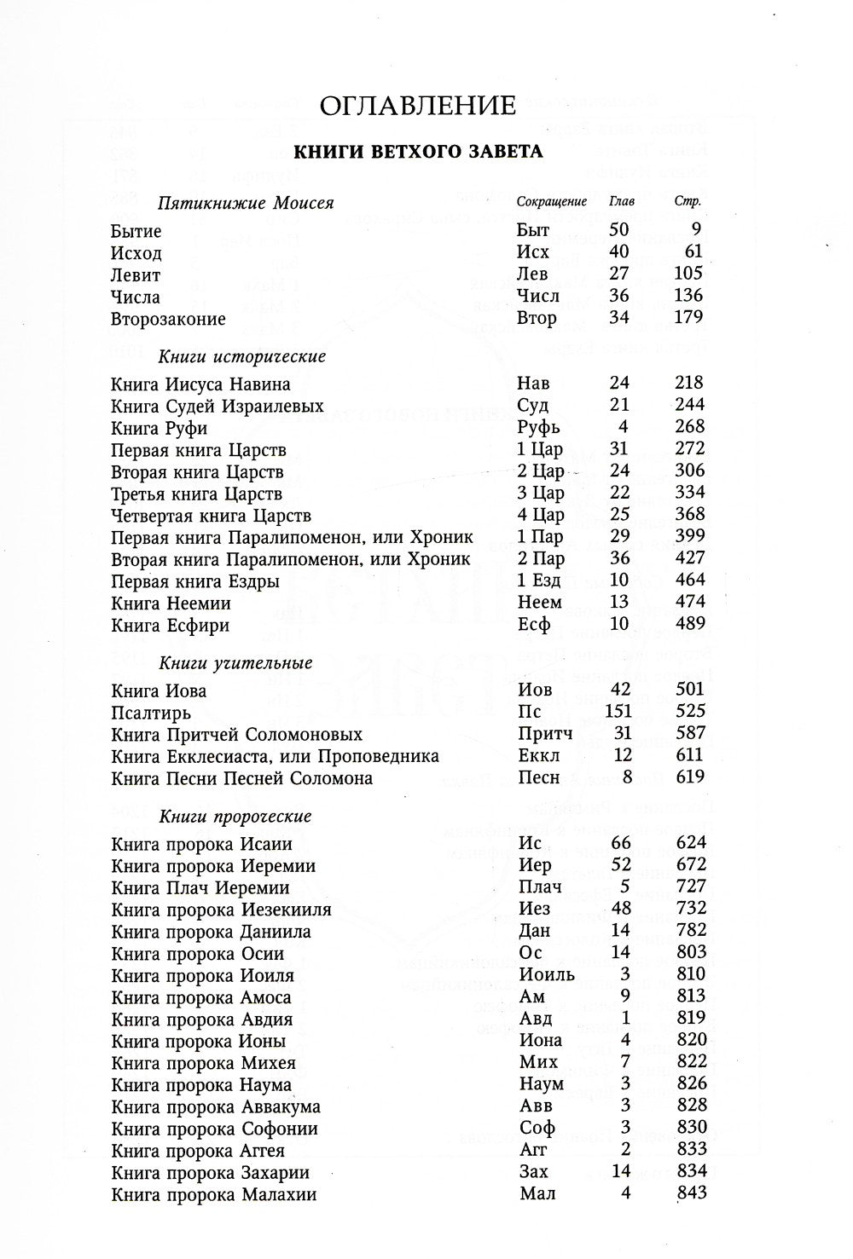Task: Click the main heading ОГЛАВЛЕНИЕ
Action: click(x=418, y=106)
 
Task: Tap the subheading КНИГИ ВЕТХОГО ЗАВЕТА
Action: click(x=418, y=153)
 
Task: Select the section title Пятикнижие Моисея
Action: click(x=246, y=204)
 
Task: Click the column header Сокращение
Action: click(x=552, y=203)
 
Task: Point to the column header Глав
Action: click(x=621, y=203)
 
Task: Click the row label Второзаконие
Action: click(x=168, y=320)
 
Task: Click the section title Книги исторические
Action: click(x=242, y=356)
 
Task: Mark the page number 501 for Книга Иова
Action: click(x=688, y=690)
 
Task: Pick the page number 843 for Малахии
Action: click(x=690, y=1193)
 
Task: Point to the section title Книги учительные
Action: click(x=235, y=663)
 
